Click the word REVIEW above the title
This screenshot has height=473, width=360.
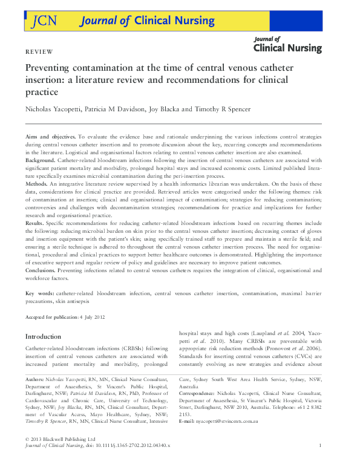(39, 53)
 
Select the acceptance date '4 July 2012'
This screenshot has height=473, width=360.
(91, 317)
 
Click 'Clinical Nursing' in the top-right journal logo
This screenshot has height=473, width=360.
(287, 48)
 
